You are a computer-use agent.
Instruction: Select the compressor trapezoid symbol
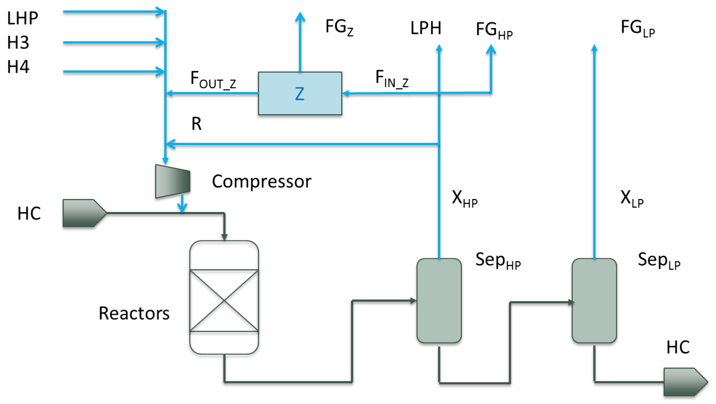(173, 181)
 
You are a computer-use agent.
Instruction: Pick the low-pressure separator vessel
(594, 301)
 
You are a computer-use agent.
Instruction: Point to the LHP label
(22, 18)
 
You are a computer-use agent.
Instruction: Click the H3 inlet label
(18, 43)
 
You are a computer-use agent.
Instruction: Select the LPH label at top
(425, 28)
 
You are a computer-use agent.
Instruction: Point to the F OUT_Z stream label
(213, 80)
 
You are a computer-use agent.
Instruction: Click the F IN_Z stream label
(392, 79)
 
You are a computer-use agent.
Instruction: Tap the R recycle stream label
(196, 124)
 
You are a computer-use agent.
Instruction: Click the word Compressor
(261, 182)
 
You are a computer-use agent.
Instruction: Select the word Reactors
(134, 313)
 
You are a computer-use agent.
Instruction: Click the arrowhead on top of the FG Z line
(300, 17)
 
